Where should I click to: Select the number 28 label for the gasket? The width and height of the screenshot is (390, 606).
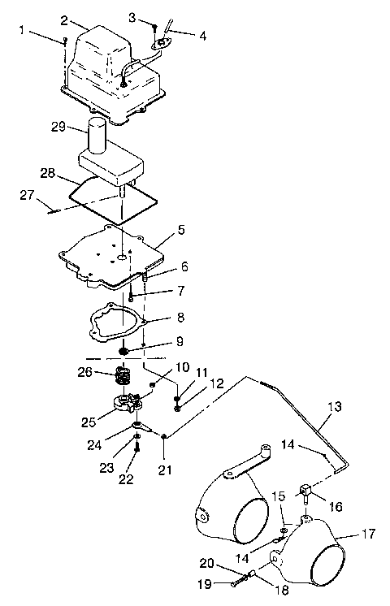tap(47, 172)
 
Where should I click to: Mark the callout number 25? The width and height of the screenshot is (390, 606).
tap(89, 421)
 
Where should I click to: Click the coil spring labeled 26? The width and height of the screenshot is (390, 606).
tap(123, 376)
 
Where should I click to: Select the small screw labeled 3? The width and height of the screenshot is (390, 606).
tap(155, 29)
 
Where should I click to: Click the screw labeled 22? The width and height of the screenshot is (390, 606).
tap(138, 444)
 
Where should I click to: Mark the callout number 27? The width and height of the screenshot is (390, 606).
tap(29, 195)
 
